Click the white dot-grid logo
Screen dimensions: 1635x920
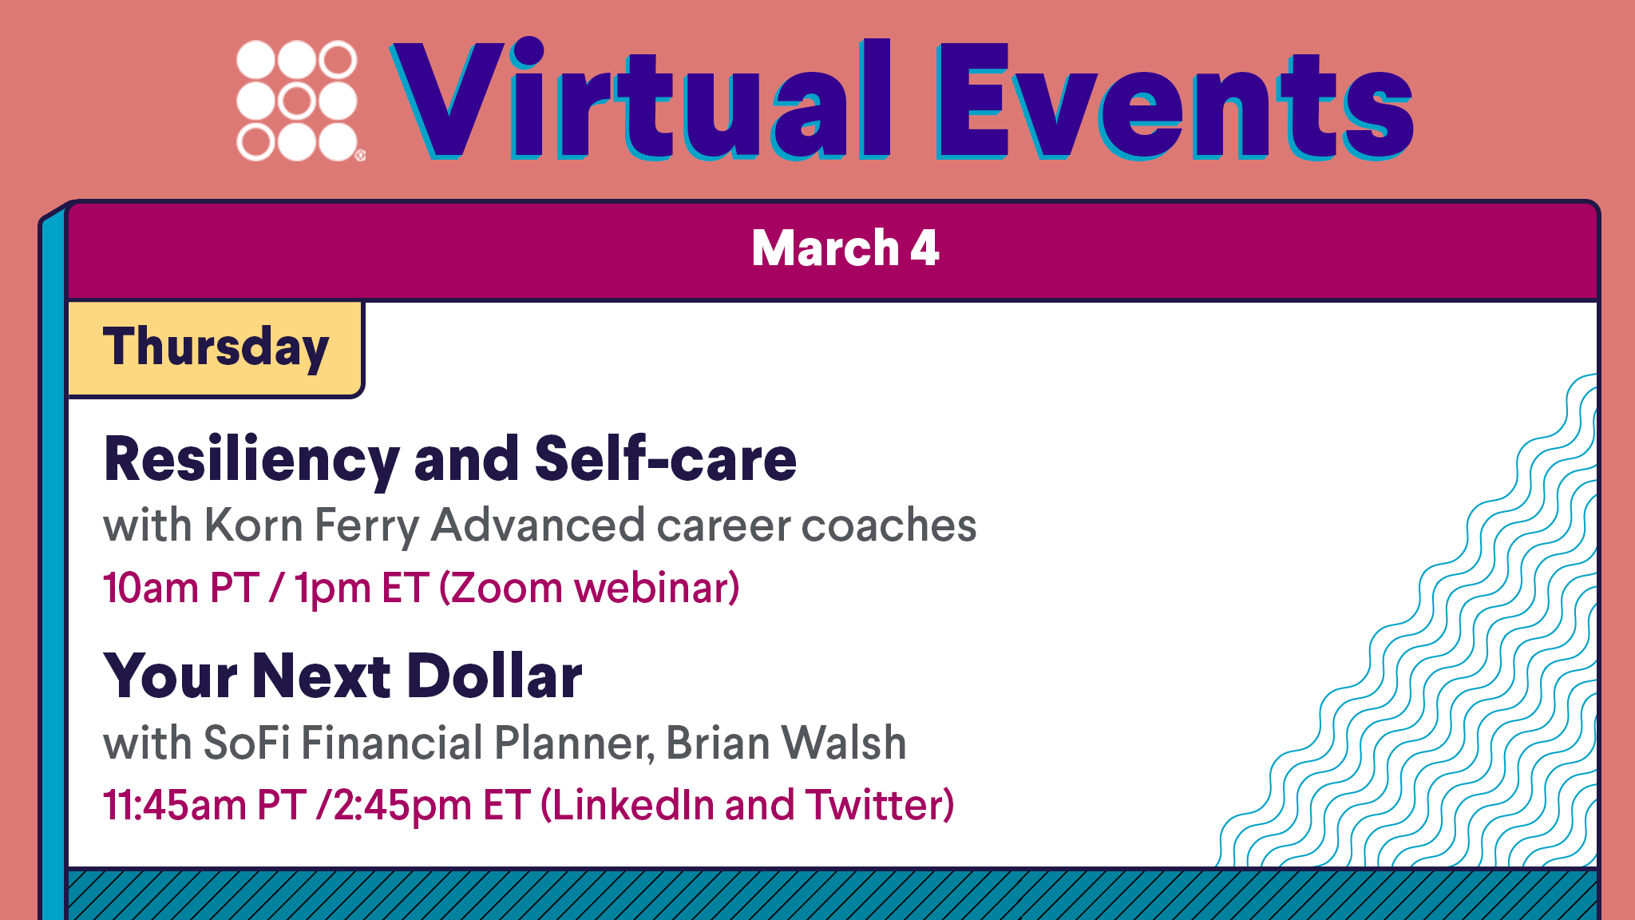point(298,101)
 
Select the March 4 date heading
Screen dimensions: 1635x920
point(845,248)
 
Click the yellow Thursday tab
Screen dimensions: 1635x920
point(216,348)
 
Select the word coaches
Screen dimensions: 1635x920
point(889,525)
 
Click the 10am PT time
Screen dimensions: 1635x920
point(181,588)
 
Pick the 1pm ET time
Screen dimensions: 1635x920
point(362,588)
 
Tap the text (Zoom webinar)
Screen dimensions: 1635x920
point(590,588)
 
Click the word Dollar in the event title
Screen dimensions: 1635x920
point(494,676)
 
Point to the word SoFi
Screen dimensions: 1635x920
point(247,743)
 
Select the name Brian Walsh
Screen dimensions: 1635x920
point(786,743)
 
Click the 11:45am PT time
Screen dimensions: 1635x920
point(204,805)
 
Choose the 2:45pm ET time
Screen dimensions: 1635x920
point(432,805)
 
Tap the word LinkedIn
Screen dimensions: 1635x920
point(633,805)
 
